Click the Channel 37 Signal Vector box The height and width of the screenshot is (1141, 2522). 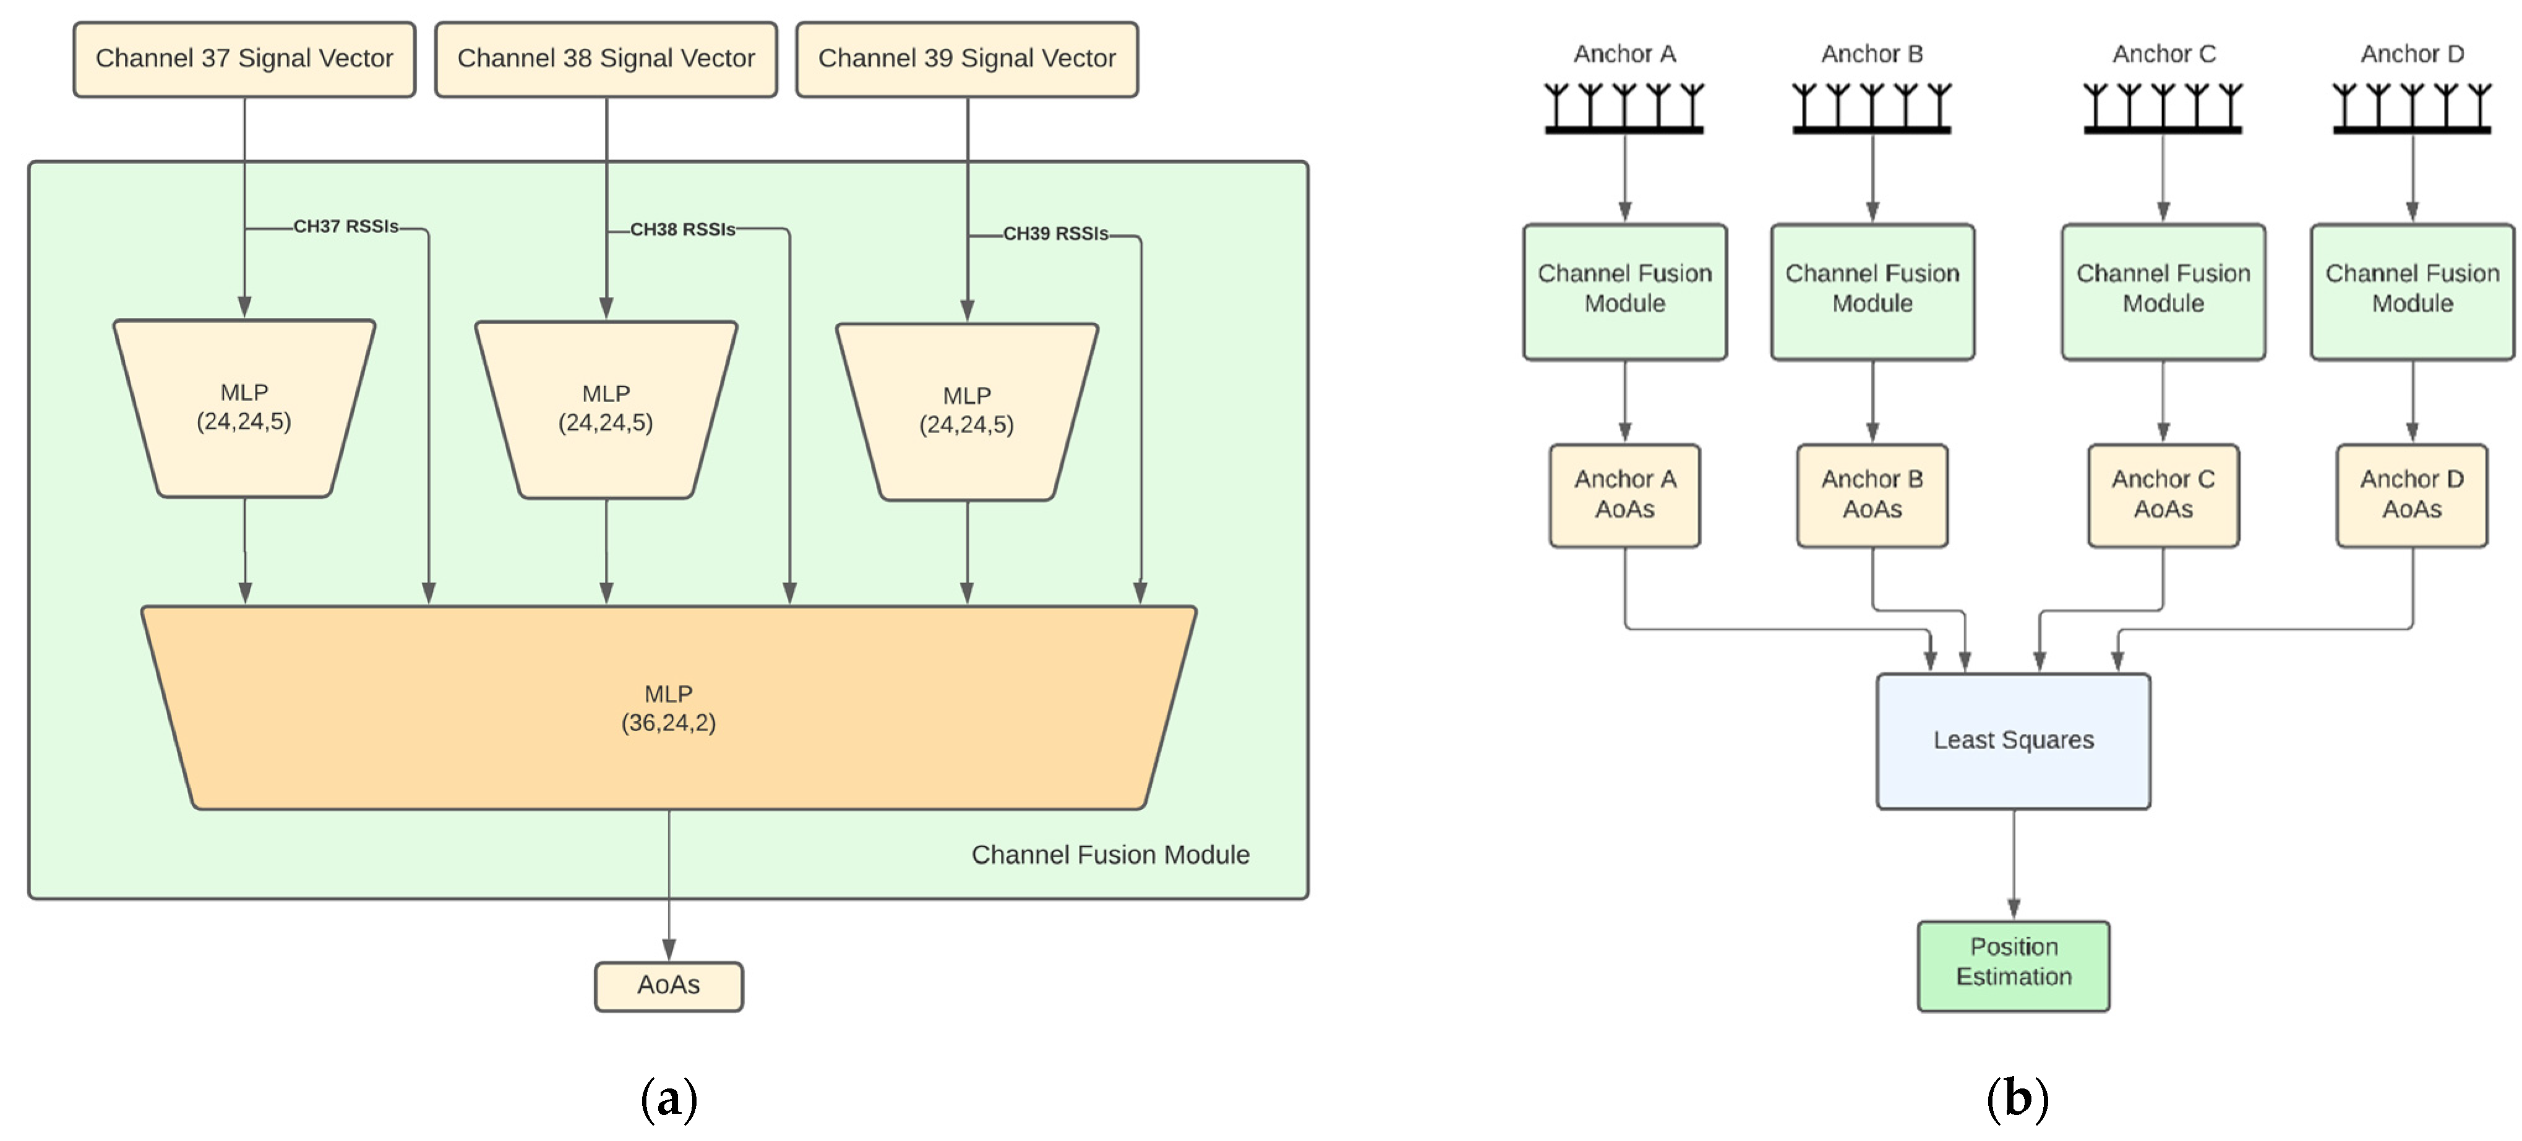point(244,59)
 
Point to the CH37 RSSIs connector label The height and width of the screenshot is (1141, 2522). point(346,227)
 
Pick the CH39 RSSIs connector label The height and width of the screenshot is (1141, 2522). point(1055,234)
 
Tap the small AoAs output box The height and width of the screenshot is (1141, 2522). point(669,985)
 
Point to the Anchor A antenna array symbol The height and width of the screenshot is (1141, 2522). point(1624,108)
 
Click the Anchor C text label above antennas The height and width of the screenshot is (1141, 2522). point(2163,54)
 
